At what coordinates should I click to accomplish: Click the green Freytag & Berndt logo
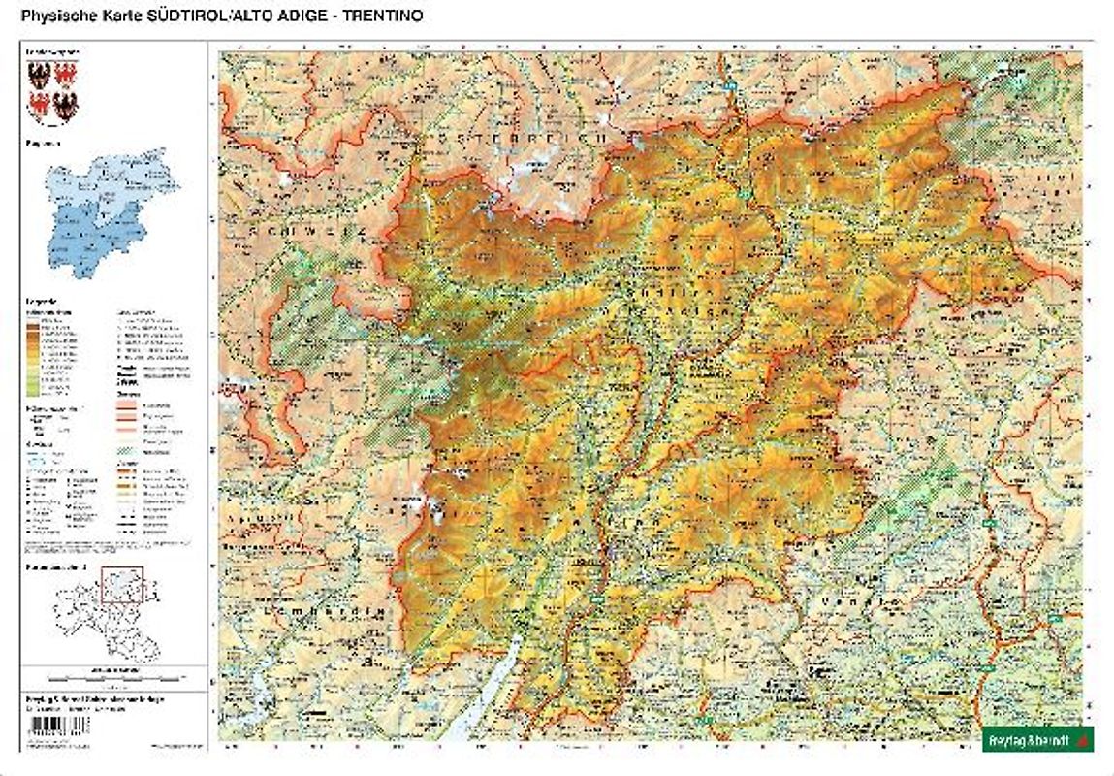tap(1038, 739)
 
